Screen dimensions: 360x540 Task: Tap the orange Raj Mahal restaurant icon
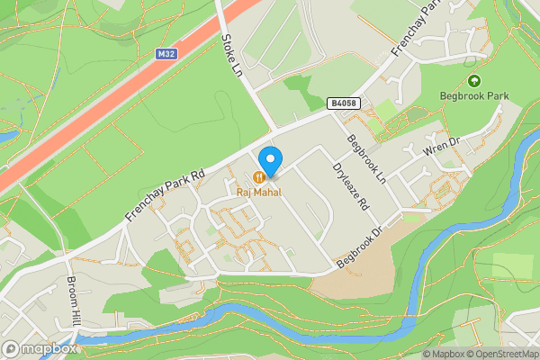(259, 177)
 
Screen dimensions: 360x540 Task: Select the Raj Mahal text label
(259, 192)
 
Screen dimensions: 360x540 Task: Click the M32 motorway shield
(165, 54)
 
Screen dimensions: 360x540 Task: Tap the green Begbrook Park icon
(474, 80)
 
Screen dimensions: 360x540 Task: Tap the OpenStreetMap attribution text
(499, 354)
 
